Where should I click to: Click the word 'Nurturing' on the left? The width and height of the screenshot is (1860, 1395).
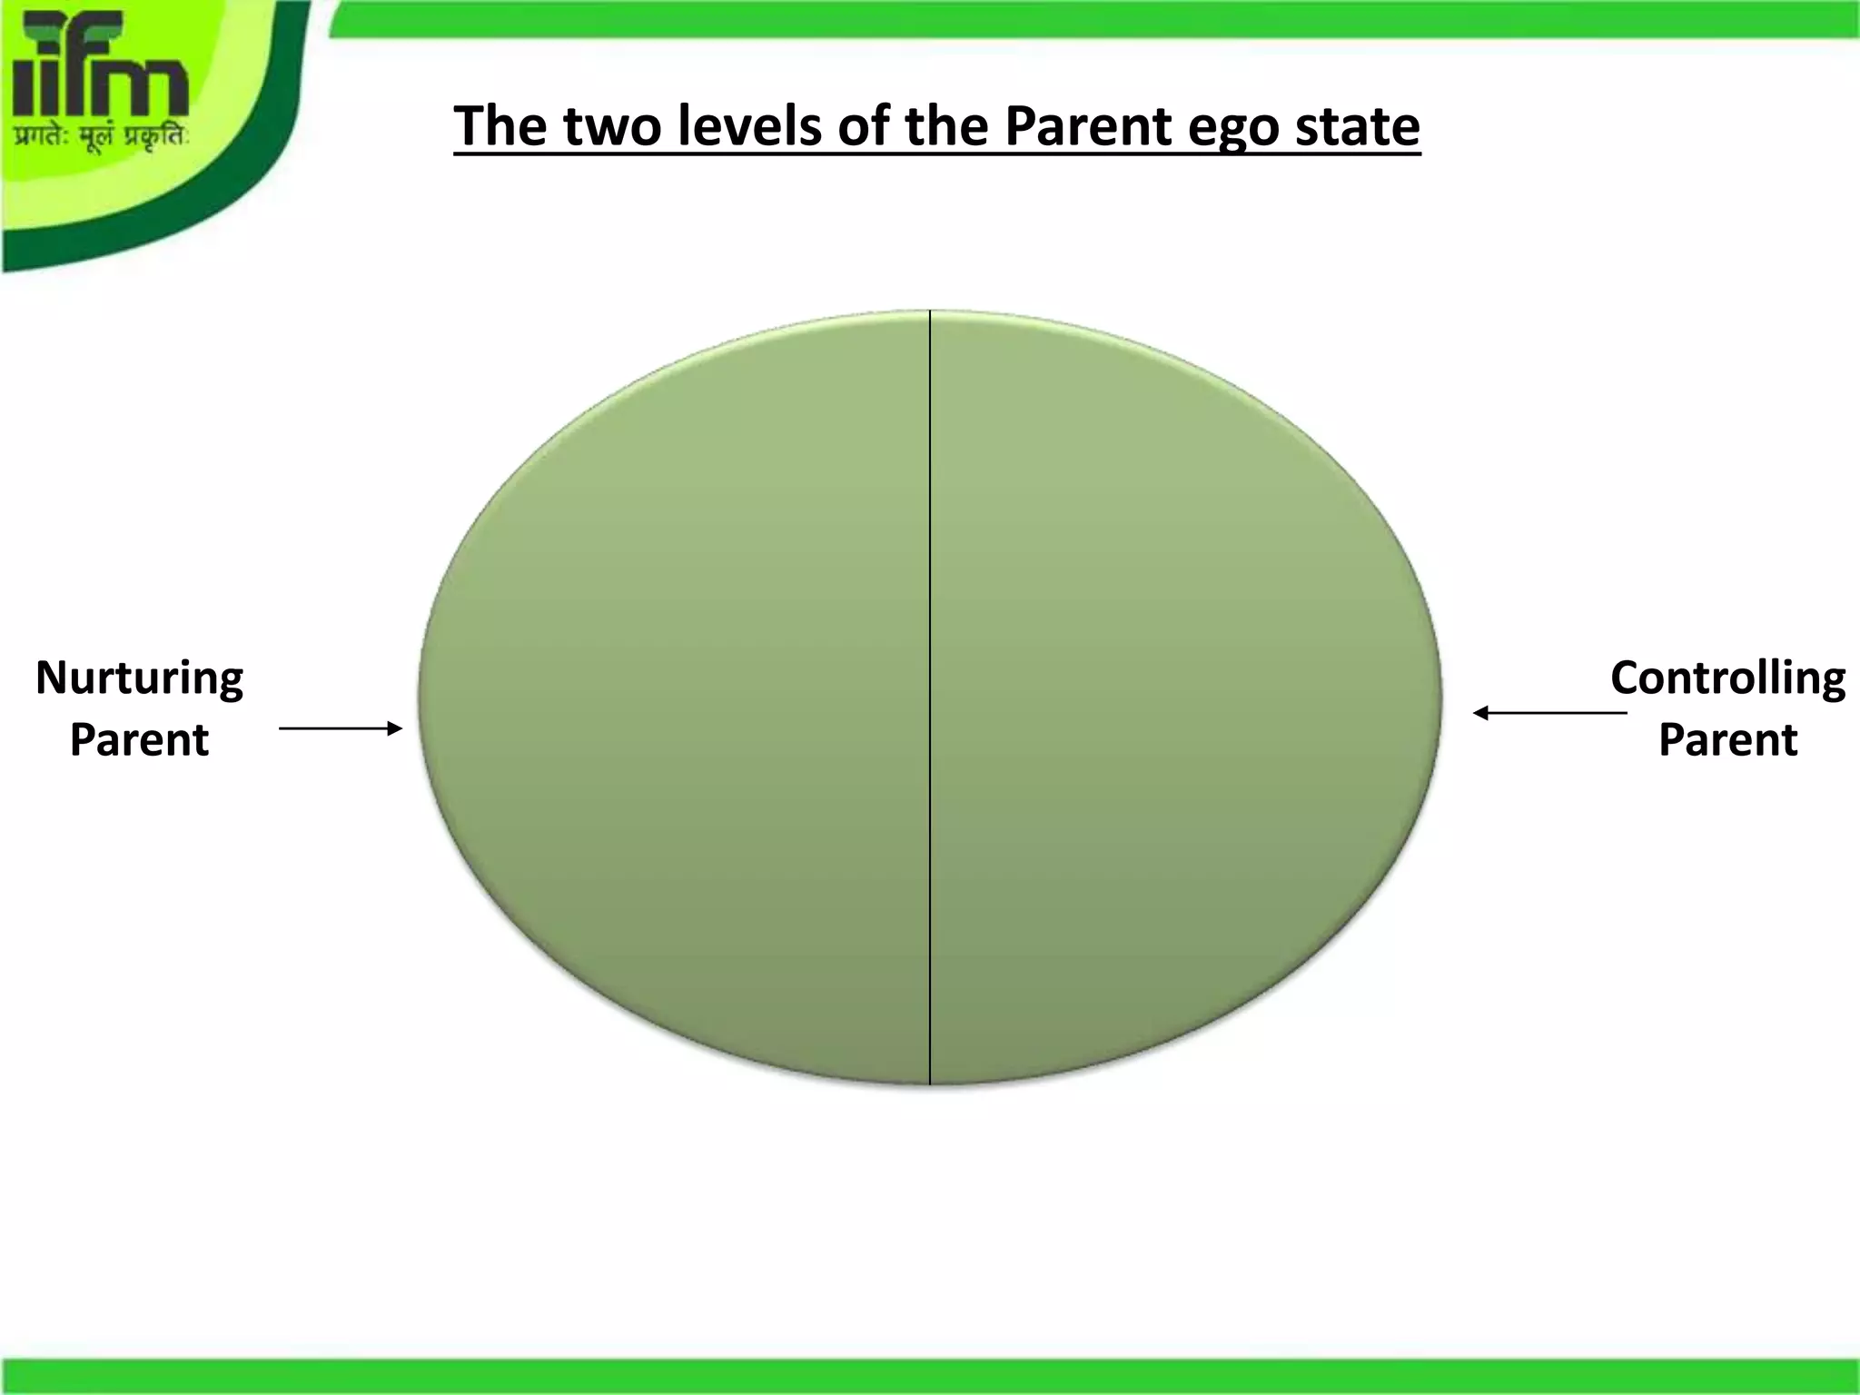[x=139, y=678]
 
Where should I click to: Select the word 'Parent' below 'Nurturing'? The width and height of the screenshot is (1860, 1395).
[x=139, y=739]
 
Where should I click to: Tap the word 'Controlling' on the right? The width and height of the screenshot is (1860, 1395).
[x=1727, y=678]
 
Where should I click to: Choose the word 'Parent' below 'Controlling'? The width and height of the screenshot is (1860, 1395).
[x=1727, y=739]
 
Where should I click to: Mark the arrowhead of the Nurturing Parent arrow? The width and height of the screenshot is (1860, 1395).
[x=395, y=728]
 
